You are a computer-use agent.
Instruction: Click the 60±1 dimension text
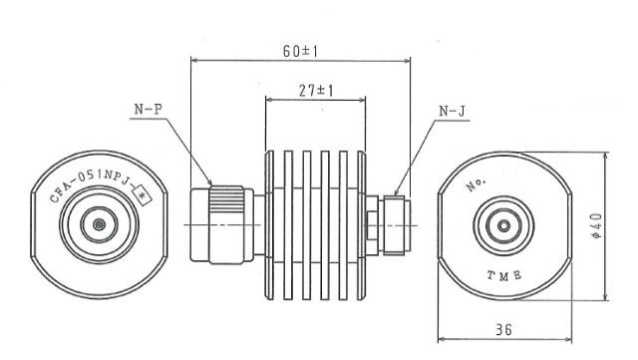pos(300,51)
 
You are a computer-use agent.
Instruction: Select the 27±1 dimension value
pos(316,91)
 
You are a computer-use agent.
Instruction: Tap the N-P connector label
pos(149,109)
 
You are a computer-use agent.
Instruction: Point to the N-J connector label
pos(452,111)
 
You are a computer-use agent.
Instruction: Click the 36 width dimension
pos(503,329)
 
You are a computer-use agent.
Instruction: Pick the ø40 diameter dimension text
pos(597,225)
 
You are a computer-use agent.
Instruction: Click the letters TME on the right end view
pos(504,275)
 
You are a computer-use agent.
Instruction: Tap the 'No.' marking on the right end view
pos(476,184)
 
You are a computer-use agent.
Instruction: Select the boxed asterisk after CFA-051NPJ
pos(143,194)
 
